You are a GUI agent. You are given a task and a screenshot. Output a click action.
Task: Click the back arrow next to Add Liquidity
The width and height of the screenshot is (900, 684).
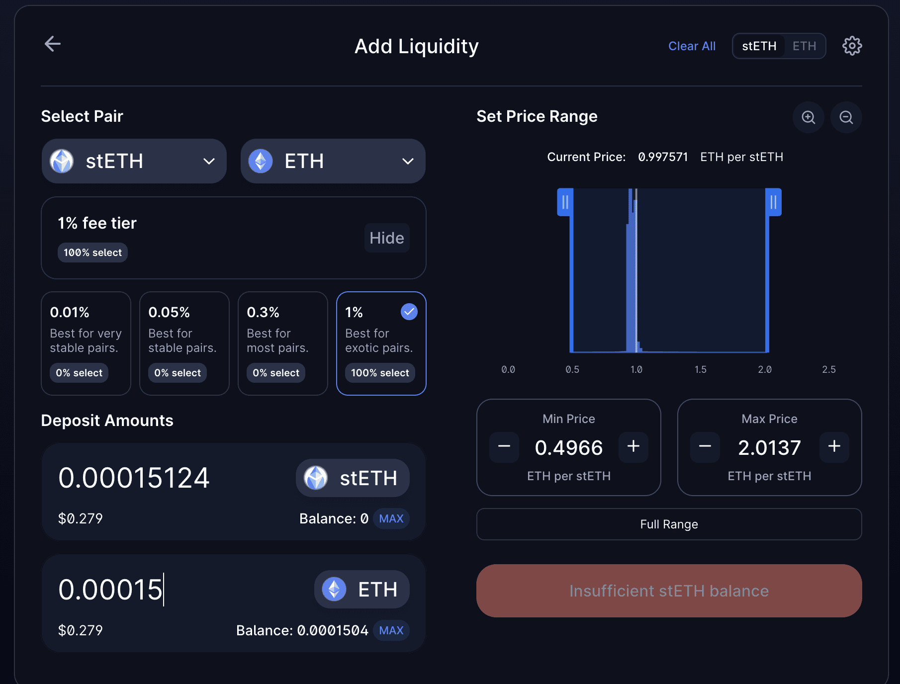click(53, 44)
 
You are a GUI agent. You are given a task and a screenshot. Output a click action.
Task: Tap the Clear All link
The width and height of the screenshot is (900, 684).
click(692, 46)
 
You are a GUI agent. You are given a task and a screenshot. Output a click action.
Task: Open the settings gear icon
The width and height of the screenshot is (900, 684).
click(852, 46)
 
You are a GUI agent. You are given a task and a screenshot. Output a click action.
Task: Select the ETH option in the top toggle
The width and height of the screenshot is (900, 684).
click(804, 46)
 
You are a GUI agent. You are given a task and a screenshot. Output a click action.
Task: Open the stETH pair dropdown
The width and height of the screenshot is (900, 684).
click(134, 161)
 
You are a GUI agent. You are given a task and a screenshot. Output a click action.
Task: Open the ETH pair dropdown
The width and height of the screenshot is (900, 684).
click(333, 161)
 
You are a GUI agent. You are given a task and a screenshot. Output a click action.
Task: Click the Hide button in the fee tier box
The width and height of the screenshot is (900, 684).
click(386, 238)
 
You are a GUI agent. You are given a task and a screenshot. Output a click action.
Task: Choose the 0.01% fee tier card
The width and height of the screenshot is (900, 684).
click(86, 343)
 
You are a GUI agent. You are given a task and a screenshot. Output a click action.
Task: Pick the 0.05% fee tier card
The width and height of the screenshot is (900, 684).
click(184, 343)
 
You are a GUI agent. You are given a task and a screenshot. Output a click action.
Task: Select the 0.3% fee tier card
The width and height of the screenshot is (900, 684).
click(282, 343)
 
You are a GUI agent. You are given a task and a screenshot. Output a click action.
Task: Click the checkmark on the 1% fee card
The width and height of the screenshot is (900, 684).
click(409, 312)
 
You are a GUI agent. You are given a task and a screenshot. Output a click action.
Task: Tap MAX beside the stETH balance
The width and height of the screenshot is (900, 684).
click(391, 519)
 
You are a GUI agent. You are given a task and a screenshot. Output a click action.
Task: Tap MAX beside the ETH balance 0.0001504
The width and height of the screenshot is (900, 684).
click(391, 631)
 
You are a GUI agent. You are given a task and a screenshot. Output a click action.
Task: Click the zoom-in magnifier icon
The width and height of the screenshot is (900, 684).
click(808, 117)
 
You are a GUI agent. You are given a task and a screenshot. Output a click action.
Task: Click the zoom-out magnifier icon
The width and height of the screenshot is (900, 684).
click(846, 117)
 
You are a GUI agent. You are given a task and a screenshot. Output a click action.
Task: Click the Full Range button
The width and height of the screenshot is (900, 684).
click(669, 524)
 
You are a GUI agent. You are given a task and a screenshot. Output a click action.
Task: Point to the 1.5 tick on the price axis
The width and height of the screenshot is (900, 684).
click(700, 369)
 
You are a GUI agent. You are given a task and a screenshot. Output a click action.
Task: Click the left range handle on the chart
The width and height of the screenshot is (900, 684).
click(565, 202)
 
